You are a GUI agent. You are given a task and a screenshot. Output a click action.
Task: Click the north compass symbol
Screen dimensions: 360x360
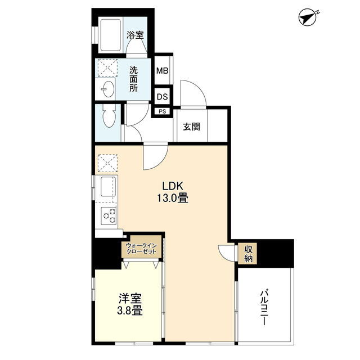[308, 17]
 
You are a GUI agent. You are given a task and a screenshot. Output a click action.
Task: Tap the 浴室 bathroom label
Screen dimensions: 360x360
[135, 35]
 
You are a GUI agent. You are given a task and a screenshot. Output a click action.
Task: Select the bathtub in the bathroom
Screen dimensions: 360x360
[110, 35]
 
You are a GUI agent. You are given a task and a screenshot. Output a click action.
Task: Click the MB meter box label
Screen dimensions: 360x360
[163, 70]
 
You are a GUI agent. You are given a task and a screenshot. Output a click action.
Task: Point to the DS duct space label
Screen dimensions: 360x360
[163, 97]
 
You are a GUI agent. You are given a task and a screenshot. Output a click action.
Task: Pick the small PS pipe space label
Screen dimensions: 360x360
[163, 111]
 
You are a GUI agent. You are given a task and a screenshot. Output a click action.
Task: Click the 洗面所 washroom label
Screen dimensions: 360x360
[133, 79]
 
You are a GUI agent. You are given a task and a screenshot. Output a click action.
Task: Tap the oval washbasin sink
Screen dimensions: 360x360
[107, 89]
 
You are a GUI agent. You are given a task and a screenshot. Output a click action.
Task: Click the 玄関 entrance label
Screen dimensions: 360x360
[191, 127]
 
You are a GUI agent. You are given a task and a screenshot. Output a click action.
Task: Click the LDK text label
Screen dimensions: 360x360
[173, 186]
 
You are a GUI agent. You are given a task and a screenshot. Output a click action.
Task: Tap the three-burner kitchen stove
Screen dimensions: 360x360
[109, 215]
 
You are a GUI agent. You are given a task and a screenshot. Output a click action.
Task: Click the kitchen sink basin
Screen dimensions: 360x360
[106, 186]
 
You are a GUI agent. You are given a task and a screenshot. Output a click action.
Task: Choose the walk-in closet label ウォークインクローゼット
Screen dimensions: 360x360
[141, 248]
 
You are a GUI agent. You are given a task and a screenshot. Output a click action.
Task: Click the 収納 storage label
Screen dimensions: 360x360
[248, 254]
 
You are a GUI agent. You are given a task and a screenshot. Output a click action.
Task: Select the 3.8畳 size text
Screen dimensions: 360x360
[130, 311]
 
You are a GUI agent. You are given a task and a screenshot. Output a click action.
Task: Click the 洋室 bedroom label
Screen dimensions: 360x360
[130, 299]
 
